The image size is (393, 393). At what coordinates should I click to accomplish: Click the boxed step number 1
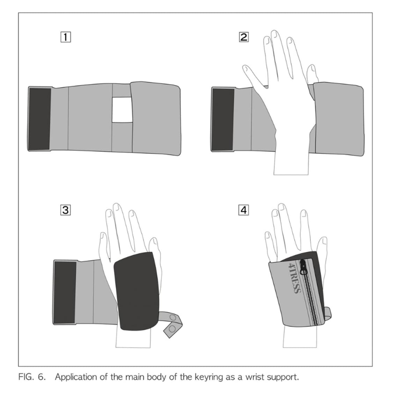tap(66, 37)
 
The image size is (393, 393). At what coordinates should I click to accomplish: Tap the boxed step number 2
tap(243, 37)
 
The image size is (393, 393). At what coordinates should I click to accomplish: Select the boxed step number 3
tap(65, 210)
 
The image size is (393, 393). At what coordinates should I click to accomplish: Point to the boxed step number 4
tap(243, 210)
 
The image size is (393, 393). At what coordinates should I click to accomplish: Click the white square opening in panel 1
tap(122, 110)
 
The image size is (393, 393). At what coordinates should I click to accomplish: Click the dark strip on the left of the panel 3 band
tap(65, 292)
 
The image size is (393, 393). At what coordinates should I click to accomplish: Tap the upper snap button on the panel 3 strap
tap(173, 318)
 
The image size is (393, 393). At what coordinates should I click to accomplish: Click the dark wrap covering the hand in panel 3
tap(137, 291)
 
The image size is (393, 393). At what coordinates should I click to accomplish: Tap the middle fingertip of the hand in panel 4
tap(282, 207)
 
